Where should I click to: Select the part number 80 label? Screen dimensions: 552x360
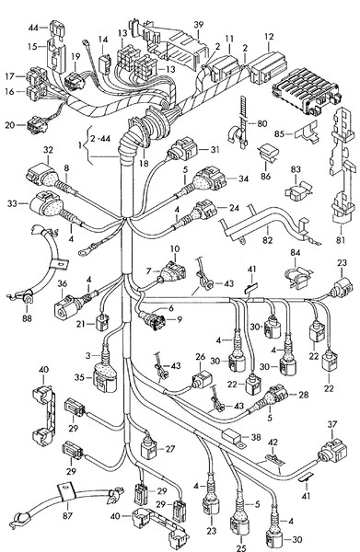(x=261, y=122)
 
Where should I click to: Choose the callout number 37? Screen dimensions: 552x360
(x=332, y=424)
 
